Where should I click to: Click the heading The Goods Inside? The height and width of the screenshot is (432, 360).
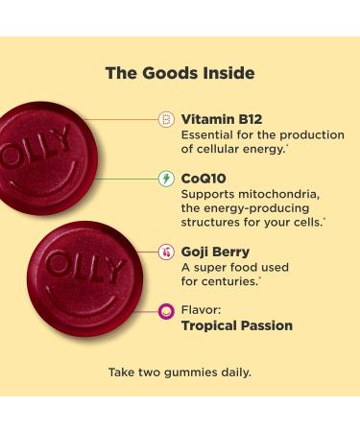(180, 72)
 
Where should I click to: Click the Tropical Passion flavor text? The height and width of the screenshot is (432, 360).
(237, 326)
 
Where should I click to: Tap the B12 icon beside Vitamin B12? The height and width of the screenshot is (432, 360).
(165, 120)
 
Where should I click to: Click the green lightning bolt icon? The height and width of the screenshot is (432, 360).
(165, 180)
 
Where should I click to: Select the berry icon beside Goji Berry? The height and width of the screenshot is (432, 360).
(165, 252)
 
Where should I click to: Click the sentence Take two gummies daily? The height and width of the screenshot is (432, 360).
(180, 372)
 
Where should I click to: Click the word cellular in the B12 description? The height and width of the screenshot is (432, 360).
(206, 150)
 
